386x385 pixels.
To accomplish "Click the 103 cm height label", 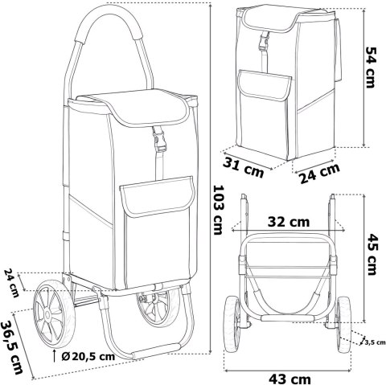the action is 218,210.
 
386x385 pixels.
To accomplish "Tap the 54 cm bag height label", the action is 371,68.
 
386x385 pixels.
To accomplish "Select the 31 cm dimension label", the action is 244,168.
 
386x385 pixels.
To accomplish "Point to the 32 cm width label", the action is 289,222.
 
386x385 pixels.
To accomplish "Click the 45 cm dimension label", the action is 372,254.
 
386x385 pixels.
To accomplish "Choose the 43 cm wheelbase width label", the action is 289,379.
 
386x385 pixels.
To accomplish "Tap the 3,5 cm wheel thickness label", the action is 375,342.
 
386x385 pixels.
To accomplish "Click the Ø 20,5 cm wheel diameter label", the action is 88,356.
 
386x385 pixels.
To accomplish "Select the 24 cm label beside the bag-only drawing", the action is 319,173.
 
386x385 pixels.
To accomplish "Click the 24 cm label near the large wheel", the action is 11,283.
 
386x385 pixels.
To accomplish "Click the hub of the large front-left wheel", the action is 47,314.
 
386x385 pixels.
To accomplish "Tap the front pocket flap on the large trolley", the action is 158,196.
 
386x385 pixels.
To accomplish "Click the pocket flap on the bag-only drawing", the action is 265,85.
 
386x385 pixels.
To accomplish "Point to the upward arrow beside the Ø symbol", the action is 55,355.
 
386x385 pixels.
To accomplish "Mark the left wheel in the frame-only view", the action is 232,324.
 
